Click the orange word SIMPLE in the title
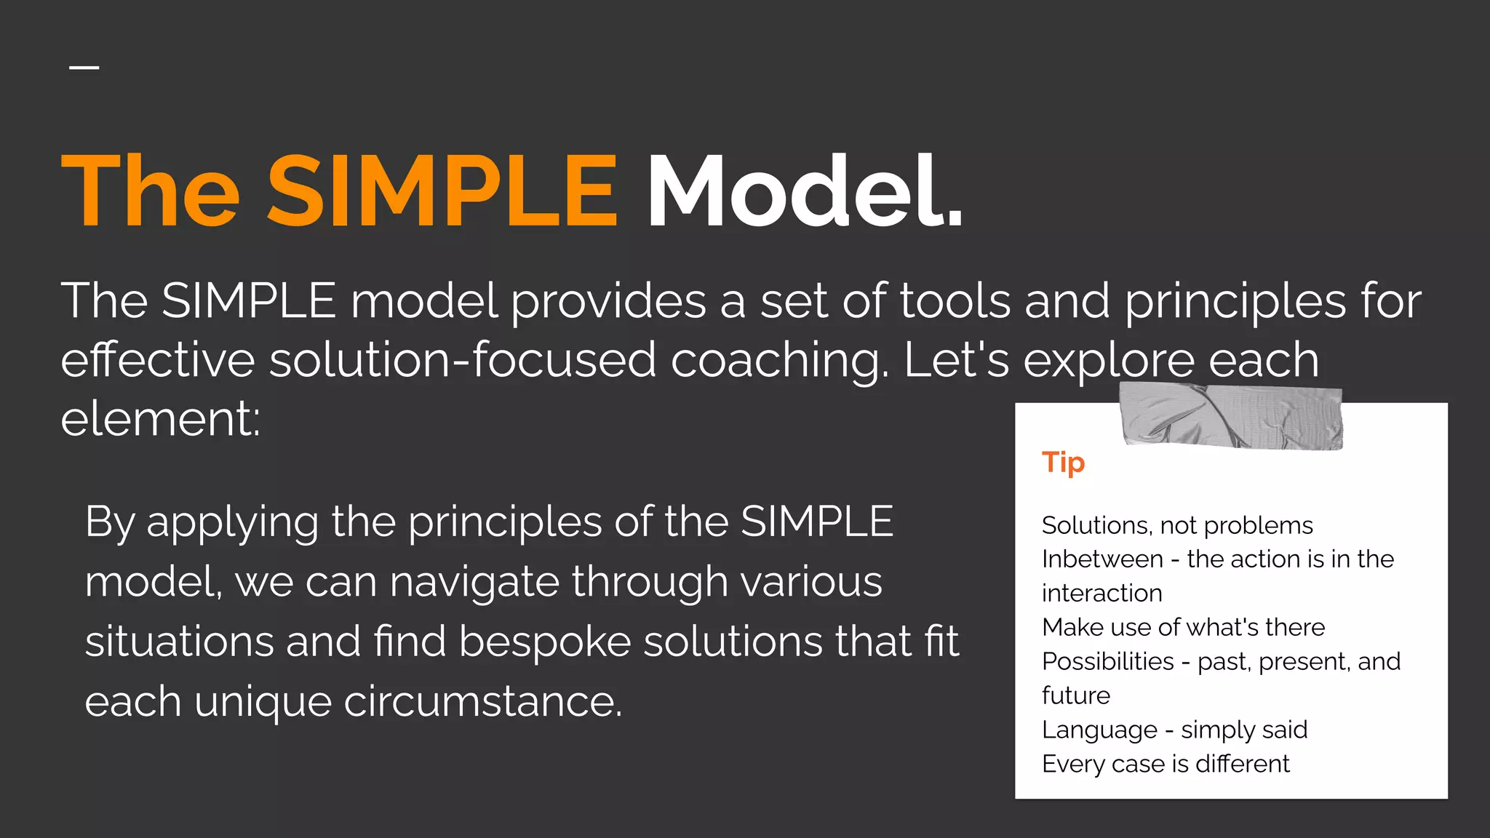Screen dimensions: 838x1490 coord(442,191)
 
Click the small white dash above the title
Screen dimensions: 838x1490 coord(84,68)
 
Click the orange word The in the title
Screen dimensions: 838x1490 coord(150,191)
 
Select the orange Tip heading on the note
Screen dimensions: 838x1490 coord(1063,463)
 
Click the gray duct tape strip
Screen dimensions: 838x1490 coord(1231,417)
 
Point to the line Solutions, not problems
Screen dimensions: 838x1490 coord(1176,525)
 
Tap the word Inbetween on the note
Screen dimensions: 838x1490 coord(1102,559)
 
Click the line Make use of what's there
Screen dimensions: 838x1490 coord(1183,627)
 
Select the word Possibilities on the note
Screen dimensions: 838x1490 coord(1107,661)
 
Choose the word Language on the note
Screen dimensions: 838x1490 coord(1099,730)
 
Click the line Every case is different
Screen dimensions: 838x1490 coord(1165,764)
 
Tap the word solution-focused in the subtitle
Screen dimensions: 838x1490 coord(463,360)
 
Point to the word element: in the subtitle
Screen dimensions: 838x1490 coord(160,420)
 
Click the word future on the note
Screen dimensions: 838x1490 coord(1075,695)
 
